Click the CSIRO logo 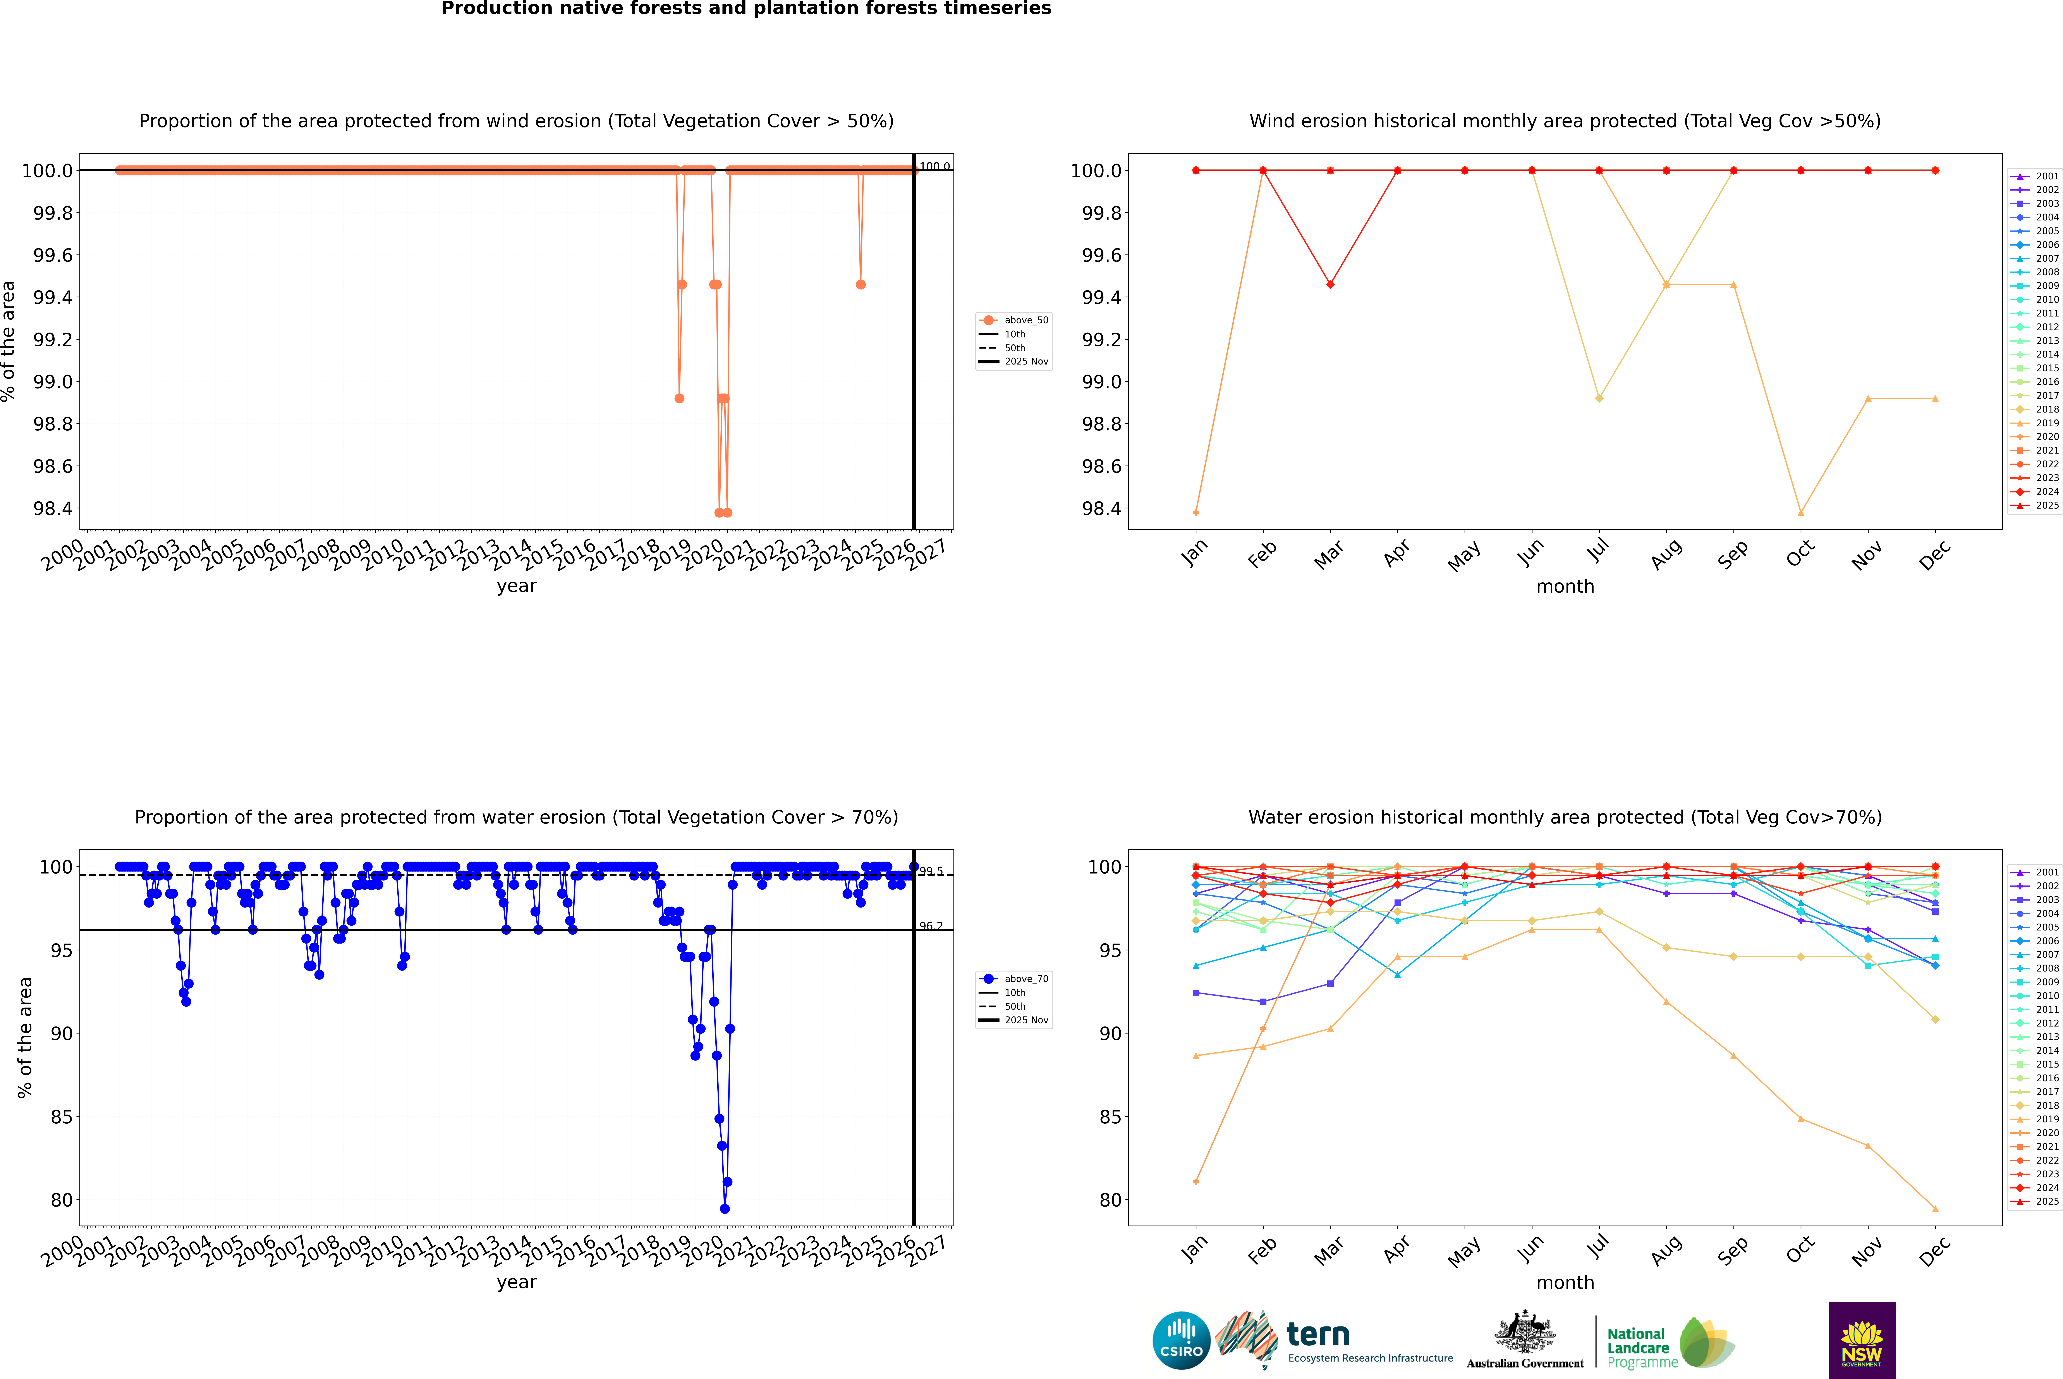point(1181,1340)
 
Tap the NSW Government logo point(1862,1340)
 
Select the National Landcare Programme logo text point(1637,1347)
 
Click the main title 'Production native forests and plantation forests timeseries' point(746,9)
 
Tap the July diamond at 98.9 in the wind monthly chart point(1599,398)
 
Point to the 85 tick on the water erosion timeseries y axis point(62,1117)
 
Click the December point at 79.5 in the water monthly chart point(1935,1208)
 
